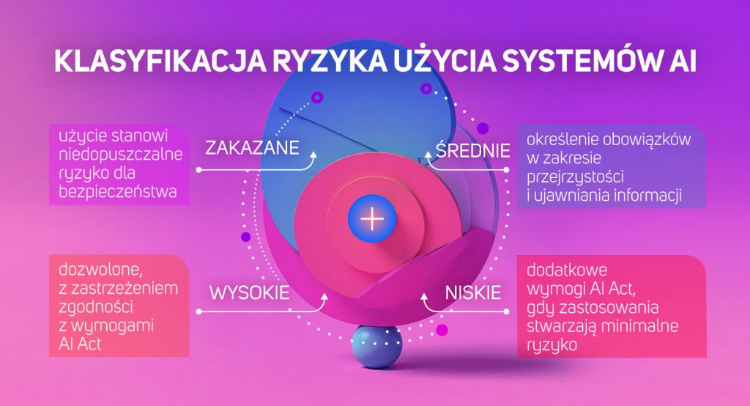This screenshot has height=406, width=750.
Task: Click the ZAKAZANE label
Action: [252, 147]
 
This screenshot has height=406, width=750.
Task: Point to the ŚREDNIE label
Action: [472, 150]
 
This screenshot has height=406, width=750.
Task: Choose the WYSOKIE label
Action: [249, 292]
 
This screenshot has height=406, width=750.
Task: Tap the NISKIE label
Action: [473, 292]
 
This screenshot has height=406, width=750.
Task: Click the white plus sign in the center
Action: [372, 220]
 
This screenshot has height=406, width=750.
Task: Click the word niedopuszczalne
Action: [121, 154]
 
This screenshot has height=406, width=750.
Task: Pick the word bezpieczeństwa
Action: [118, 192]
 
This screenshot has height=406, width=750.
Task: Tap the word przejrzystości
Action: [575, 177]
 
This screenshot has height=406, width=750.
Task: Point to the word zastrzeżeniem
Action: [125, 288]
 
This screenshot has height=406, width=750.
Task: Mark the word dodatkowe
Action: [567, 270]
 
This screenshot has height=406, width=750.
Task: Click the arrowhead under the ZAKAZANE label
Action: [314, 155]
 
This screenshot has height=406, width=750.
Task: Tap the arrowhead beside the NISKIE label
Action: [424, 298]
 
